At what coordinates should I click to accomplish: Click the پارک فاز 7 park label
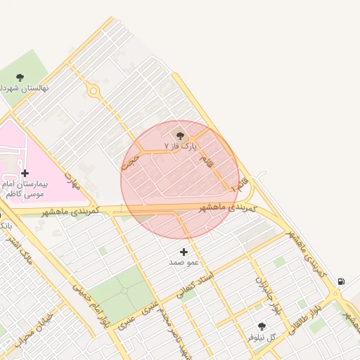pyautogui.click(x=181, y=146)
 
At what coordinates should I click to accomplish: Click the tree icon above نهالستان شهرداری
pyautogui.click(x=20, y=77)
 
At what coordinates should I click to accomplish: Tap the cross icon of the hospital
pyautogui.click(x=25, y=173)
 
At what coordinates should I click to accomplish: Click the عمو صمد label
pyautogui.click(x=184, y=262)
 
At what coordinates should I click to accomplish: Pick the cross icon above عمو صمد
pyautogui.click(x=184, y=252)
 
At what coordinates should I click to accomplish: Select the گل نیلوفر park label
pyautogui.click(x=270, y=337)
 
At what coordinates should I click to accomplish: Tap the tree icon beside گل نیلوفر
pyautogui.click(x=262, y=326)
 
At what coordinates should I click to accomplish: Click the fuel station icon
pyautogui.click(x=341, y=281)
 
